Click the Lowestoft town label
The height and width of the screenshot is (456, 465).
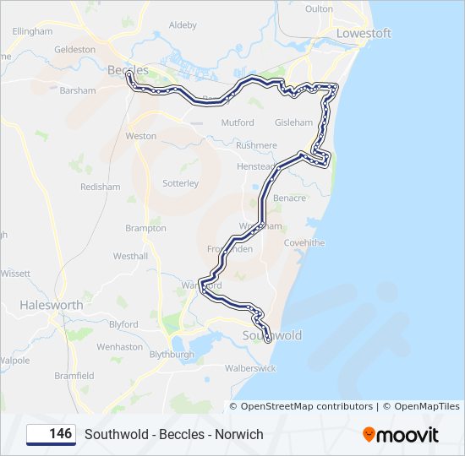click(x=364, y=33)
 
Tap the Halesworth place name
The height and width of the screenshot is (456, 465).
click(x=51, y=305)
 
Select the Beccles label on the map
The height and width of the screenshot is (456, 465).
click(x=128, y=69)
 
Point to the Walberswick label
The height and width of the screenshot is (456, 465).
click(x=250, y=368)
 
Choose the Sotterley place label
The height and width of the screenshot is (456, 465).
click(x=180, y=182)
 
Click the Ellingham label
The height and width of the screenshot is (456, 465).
click(x=33, y=31)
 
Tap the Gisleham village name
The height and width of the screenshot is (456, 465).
click(x=293, y=122)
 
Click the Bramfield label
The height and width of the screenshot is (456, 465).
click(x=74, y=375)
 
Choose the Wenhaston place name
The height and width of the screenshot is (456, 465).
click(x=119, y=346)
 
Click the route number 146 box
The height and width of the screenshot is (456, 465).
click(x=51, y=434)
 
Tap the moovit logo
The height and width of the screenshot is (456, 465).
click(x=401, y=435)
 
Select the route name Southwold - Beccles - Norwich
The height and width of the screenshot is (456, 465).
click(x=174, y=434)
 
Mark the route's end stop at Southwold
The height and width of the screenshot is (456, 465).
click(x=268, y=339)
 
